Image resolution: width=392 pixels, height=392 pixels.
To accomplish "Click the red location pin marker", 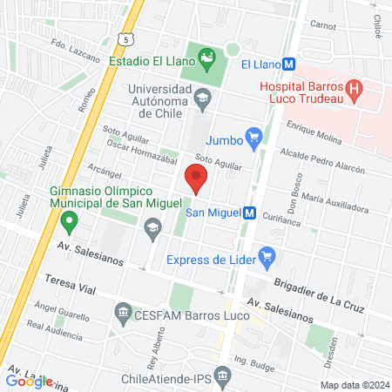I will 196,179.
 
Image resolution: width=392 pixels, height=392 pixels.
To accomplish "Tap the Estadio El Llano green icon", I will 206,60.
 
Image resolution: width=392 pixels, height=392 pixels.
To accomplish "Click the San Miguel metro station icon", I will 249,212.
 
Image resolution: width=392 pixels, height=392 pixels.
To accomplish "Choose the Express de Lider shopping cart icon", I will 267,258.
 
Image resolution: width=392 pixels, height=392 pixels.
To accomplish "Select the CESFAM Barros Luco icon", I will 124,311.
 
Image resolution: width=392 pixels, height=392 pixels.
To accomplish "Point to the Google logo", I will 29,381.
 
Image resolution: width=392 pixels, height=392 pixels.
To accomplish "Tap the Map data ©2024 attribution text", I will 353,384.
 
